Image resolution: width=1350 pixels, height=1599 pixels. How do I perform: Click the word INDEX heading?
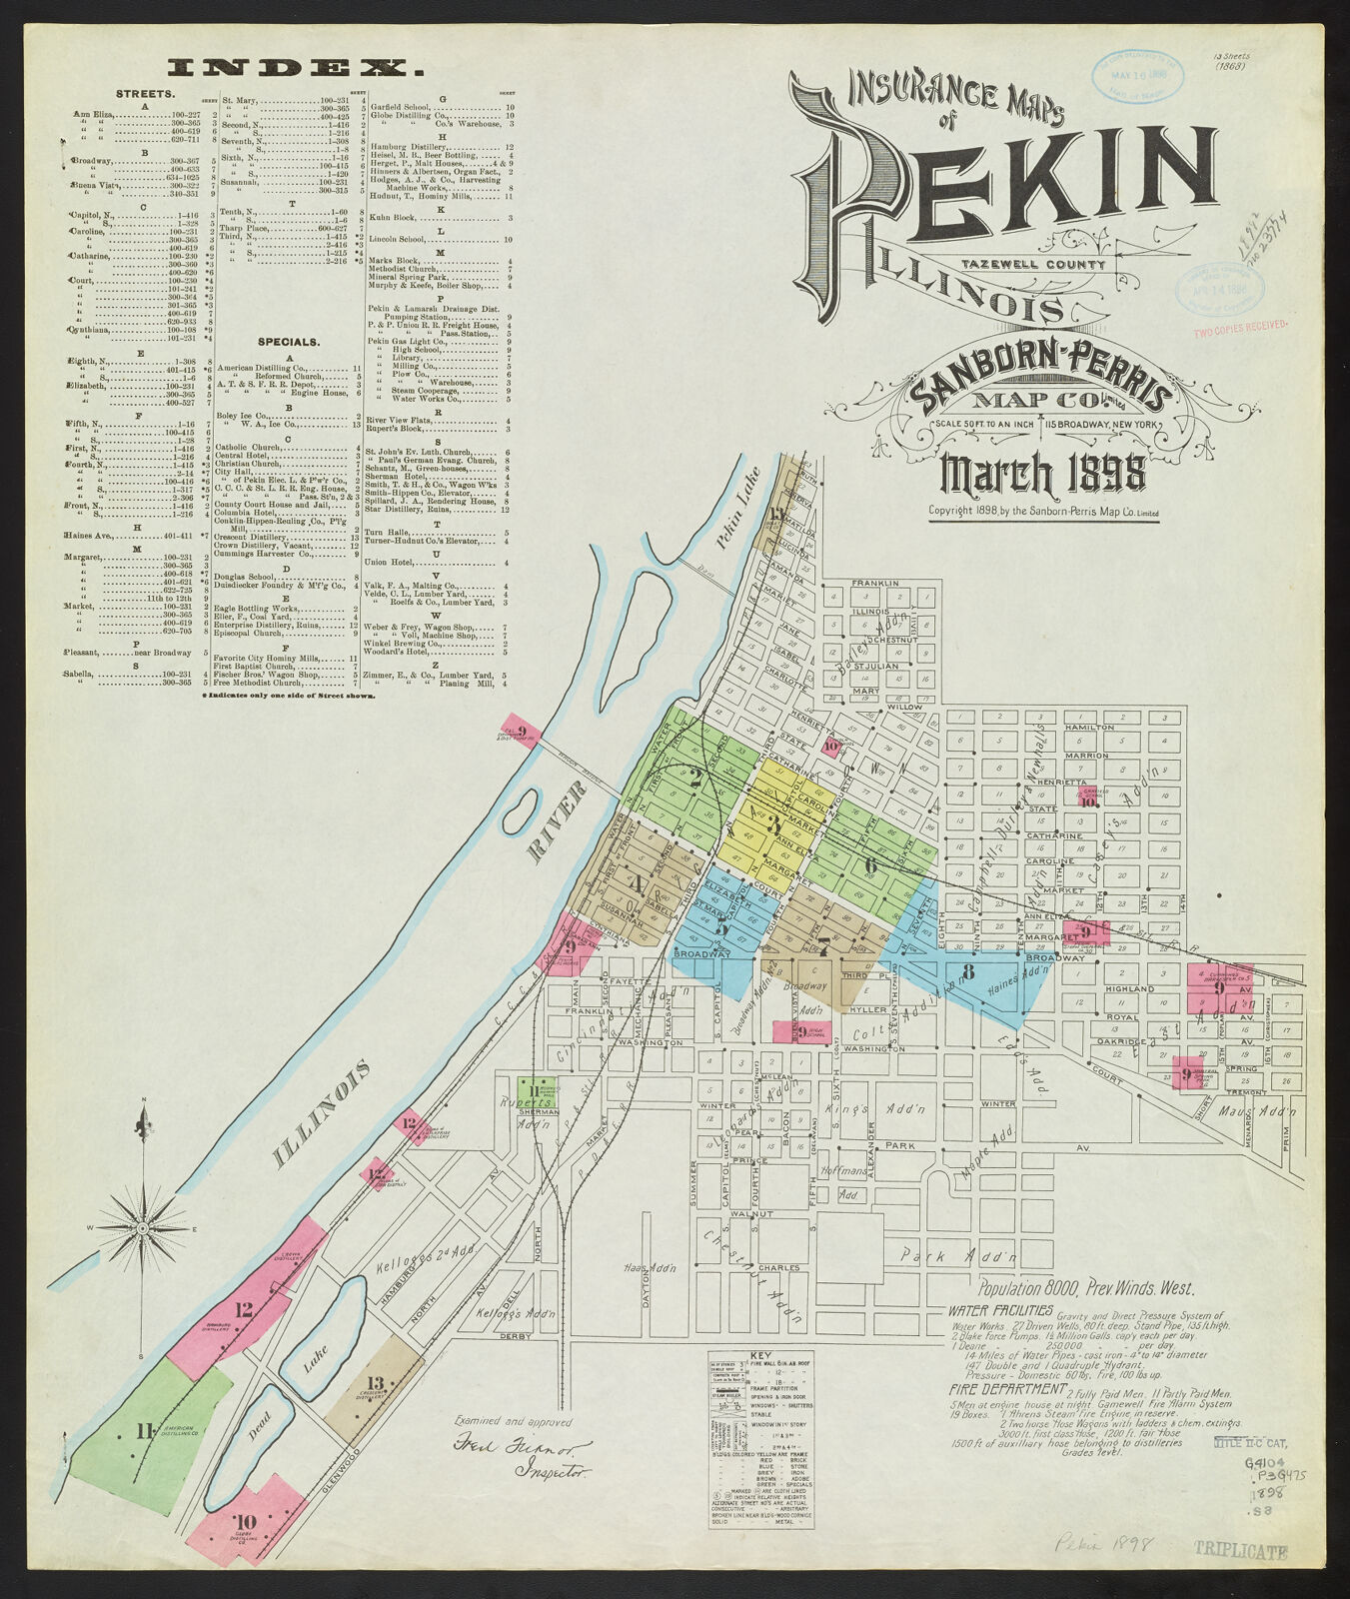tap(293, 69)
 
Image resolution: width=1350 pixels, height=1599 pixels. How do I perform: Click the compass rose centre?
tap(143, 1227)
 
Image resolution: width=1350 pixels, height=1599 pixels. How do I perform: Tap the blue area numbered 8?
tap(967, 971)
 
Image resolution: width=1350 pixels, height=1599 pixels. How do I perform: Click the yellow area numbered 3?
tap(773, 824)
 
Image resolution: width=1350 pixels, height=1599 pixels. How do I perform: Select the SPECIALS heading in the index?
tap(289, 342)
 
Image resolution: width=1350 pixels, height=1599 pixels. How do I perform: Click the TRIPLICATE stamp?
tap(1240, 1552)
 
